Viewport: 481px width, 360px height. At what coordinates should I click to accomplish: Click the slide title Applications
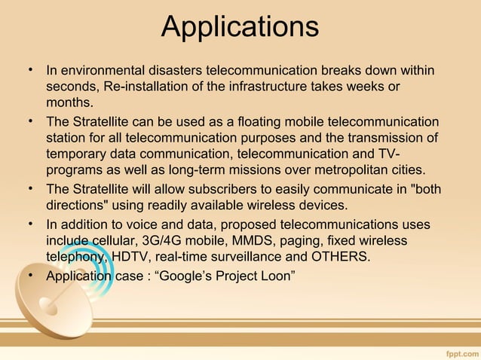point(240,29)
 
